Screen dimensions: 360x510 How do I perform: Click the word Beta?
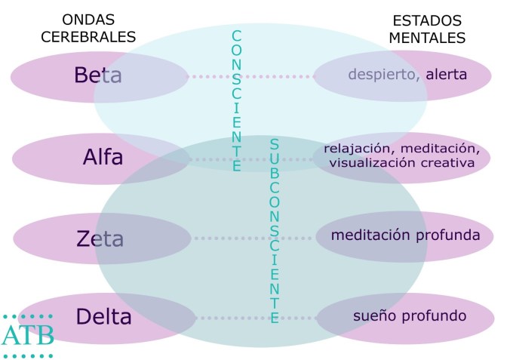tap(97, 75)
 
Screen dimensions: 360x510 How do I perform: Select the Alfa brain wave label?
tap(103, 158)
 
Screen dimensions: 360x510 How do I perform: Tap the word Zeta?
tap(100, 238)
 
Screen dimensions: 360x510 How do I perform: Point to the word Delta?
tap(103, 316)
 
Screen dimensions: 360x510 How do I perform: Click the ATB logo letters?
tap(28, 335)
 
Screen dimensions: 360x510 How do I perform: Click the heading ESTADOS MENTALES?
tap(429, 29)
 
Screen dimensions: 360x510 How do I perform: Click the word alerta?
tap(446, 74)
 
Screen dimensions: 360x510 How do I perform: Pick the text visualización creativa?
tap(402, 162)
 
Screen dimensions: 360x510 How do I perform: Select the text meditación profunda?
tap(405, 235)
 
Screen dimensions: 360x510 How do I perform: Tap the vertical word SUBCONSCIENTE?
tap(275, 230)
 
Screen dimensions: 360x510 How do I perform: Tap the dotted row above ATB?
tap(28, 315)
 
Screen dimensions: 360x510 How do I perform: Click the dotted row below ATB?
tap(28, 354)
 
